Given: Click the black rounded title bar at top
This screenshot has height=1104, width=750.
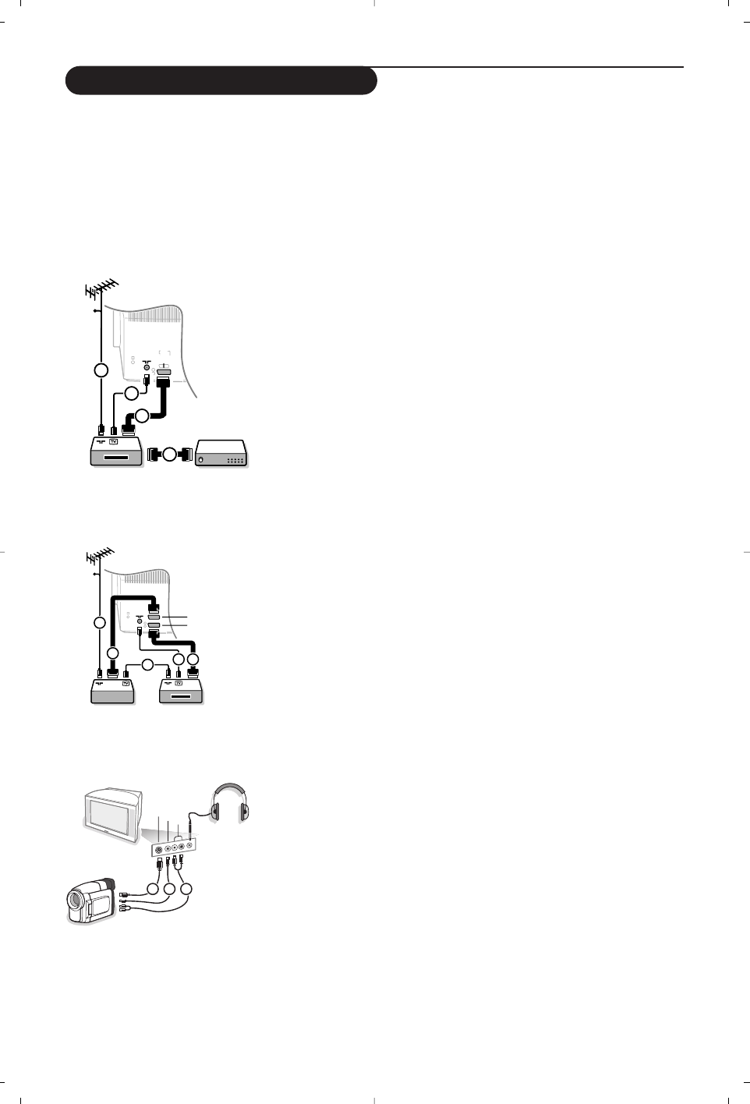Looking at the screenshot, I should click(221, 80).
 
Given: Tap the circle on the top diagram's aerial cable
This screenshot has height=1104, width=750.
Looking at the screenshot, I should click(100, 370).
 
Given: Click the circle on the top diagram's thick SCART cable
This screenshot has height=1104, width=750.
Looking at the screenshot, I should click(142, 416).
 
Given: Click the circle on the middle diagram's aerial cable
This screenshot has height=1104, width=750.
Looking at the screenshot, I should click(99, 622).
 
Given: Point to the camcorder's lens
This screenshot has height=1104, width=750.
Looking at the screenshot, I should click(76, 901).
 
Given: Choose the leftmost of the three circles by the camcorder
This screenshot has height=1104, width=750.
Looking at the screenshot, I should click(151, 889).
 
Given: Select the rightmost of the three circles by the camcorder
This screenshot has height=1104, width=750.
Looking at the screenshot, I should click(187, 889).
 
